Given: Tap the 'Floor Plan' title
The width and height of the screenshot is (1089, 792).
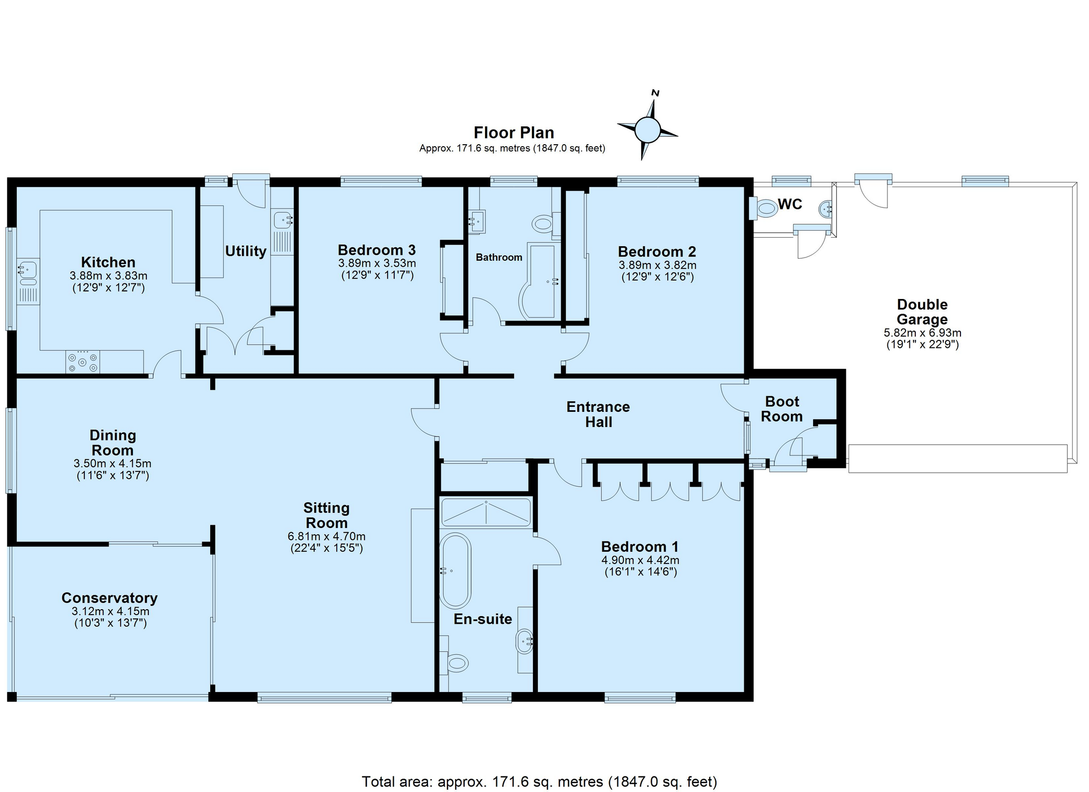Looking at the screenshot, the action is point(514,132).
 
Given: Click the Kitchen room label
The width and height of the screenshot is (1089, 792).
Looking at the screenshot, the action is point(108,262).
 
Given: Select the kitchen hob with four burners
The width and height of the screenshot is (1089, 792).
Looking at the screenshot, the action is point(82,362).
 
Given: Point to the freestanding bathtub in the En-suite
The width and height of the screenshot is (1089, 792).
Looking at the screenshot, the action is point(455,570).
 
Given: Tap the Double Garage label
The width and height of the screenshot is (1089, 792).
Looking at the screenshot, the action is point(922,312).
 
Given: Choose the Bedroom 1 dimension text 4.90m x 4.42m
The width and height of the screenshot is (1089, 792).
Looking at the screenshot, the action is point(640,560).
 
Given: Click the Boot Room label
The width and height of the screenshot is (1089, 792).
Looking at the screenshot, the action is point(782,409).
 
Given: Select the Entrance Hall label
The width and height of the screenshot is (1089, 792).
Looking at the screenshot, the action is point(598,415).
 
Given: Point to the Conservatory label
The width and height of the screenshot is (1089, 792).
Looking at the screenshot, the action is point(109,598).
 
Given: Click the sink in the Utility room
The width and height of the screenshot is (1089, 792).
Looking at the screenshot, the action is point(282,220).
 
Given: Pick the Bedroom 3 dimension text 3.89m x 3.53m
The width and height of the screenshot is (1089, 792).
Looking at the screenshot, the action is point(377,263).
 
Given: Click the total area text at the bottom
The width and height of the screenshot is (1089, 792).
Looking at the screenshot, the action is point(539,781).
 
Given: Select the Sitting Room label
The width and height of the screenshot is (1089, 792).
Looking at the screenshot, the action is point(326,515).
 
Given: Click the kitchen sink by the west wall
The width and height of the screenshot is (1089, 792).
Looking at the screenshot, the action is point(27,273).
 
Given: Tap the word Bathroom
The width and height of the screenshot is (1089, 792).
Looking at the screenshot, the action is point(499,258).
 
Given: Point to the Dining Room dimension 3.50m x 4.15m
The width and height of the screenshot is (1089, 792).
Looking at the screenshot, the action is point(112,463).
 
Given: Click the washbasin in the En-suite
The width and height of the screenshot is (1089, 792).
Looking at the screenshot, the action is point(525,641).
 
